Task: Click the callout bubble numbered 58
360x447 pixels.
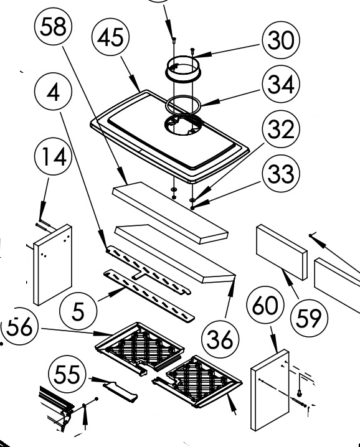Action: [x=54, y=27]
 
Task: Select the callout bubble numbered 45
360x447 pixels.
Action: [x=111, y=37]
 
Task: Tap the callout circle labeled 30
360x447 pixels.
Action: [x=281, y=40]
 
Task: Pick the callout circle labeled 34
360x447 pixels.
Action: [x=281, y=84]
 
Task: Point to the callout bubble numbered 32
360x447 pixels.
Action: [x=281, y=129]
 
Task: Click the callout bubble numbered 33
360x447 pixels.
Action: [x=281, y=174]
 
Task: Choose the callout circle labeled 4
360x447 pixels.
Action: [x=54, y=92]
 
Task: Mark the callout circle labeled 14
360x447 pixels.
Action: [x=54, y=157]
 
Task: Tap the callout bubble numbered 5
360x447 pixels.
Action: [x=78, y=311]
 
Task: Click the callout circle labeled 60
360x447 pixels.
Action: [x=265, y=306]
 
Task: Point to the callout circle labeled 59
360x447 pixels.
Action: [x=309, y=318]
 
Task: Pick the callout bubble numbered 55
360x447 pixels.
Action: [x=67, y=374]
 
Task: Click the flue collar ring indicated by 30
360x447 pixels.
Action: [x=183, y=69]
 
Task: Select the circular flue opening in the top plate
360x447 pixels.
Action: [x=183, y=125]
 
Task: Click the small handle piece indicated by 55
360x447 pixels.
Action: [x=120, y=392]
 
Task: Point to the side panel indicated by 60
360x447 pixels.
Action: [x=270, y=390]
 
